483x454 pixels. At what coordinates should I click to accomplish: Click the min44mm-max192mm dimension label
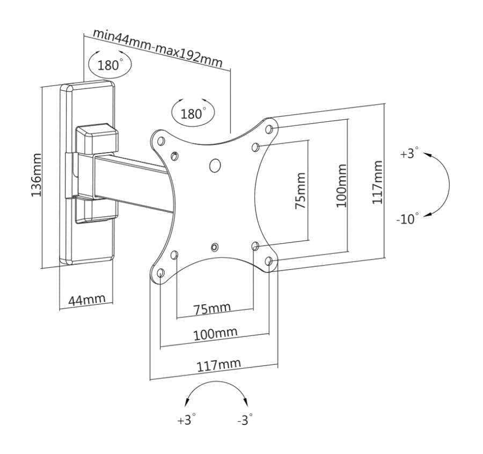158,47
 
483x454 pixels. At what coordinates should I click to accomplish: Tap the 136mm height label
36,175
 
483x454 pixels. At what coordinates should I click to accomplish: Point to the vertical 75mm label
301,190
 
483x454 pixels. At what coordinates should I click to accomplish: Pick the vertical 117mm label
378,182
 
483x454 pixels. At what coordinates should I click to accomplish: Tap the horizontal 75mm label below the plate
213,309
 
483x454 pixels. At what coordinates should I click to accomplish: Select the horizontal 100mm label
215,334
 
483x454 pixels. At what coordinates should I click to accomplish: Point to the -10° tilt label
407,219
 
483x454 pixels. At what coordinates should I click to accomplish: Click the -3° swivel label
245,420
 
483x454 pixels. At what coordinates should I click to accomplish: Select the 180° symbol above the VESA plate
192,113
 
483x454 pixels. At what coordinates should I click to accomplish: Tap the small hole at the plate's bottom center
215,247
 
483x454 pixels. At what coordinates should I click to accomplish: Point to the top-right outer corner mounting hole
269,129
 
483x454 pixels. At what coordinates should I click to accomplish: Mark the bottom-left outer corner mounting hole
160,273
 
